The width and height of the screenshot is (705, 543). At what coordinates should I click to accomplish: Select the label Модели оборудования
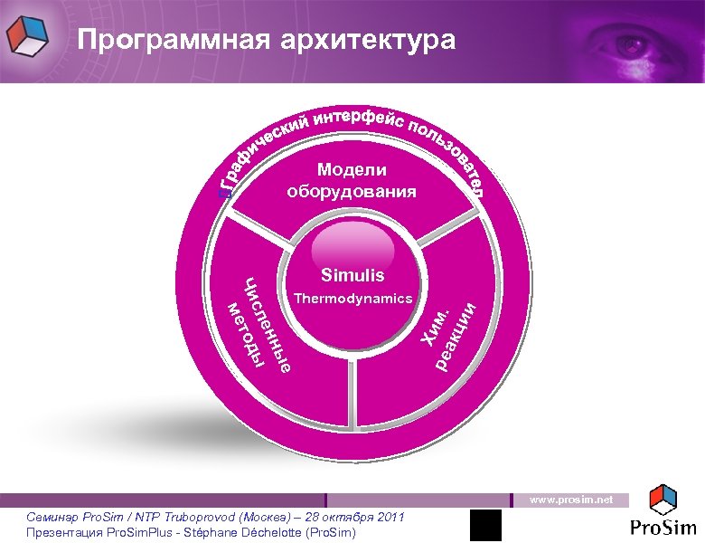pos(352,181)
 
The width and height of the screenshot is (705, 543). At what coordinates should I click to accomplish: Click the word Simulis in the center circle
pos(352,275)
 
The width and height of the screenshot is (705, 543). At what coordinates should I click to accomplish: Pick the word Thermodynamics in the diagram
pos(352,298)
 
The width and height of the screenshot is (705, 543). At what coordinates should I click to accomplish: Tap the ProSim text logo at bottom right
pos(663,528)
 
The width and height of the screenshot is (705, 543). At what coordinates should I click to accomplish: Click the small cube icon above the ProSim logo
pos(664,499)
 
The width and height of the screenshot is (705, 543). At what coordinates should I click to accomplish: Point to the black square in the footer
pos(485,525)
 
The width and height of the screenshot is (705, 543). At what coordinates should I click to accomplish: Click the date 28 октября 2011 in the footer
pos(355,517)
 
